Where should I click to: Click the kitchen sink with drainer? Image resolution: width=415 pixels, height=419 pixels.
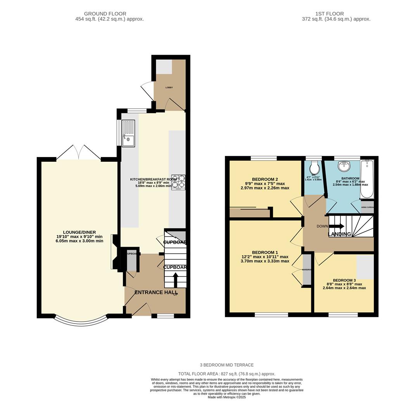(128, 133)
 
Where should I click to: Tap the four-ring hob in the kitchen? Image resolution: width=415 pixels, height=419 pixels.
(178, 182)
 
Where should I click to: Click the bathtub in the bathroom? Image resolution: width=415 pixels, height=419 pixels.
(367, 179)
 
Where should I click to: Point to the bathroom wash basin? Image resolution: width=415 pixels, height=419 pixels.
(344, 166)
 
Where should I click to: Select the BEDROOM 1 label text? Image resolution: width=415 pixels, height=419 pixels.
(265, 252)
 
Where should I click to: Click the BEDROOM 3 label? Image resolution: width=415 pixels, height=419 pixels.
(344, 280)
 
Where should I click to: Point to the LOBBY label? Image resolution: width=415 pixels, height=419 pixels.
(169, 88)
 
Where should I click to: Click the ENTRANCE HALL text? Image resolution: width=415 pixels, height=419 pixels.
(156, 292)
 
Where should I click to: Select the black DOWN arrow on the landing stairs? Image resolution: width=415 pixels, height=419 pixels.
(336, 226)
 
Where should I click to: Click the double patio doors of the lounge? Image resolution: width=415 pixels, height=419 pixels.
(79, 152)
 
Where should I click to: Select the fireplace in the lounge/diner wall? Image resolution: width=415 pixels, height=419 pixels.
(114, 252)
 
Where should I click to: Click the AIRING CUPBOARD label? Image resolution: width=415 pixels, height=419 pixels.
(367, 207)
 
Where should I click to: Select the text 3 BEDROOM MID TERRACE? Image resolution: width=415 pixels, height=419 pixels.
(227, 365)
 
